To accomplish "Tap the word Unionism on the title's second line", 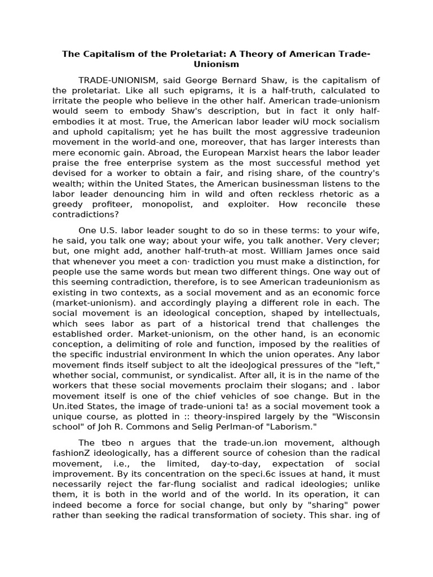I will pyautogui.click(x=216, y=64).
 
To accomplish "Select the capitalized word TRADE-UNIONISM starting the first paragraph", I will pyautogui.click(x=115, y=81).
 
